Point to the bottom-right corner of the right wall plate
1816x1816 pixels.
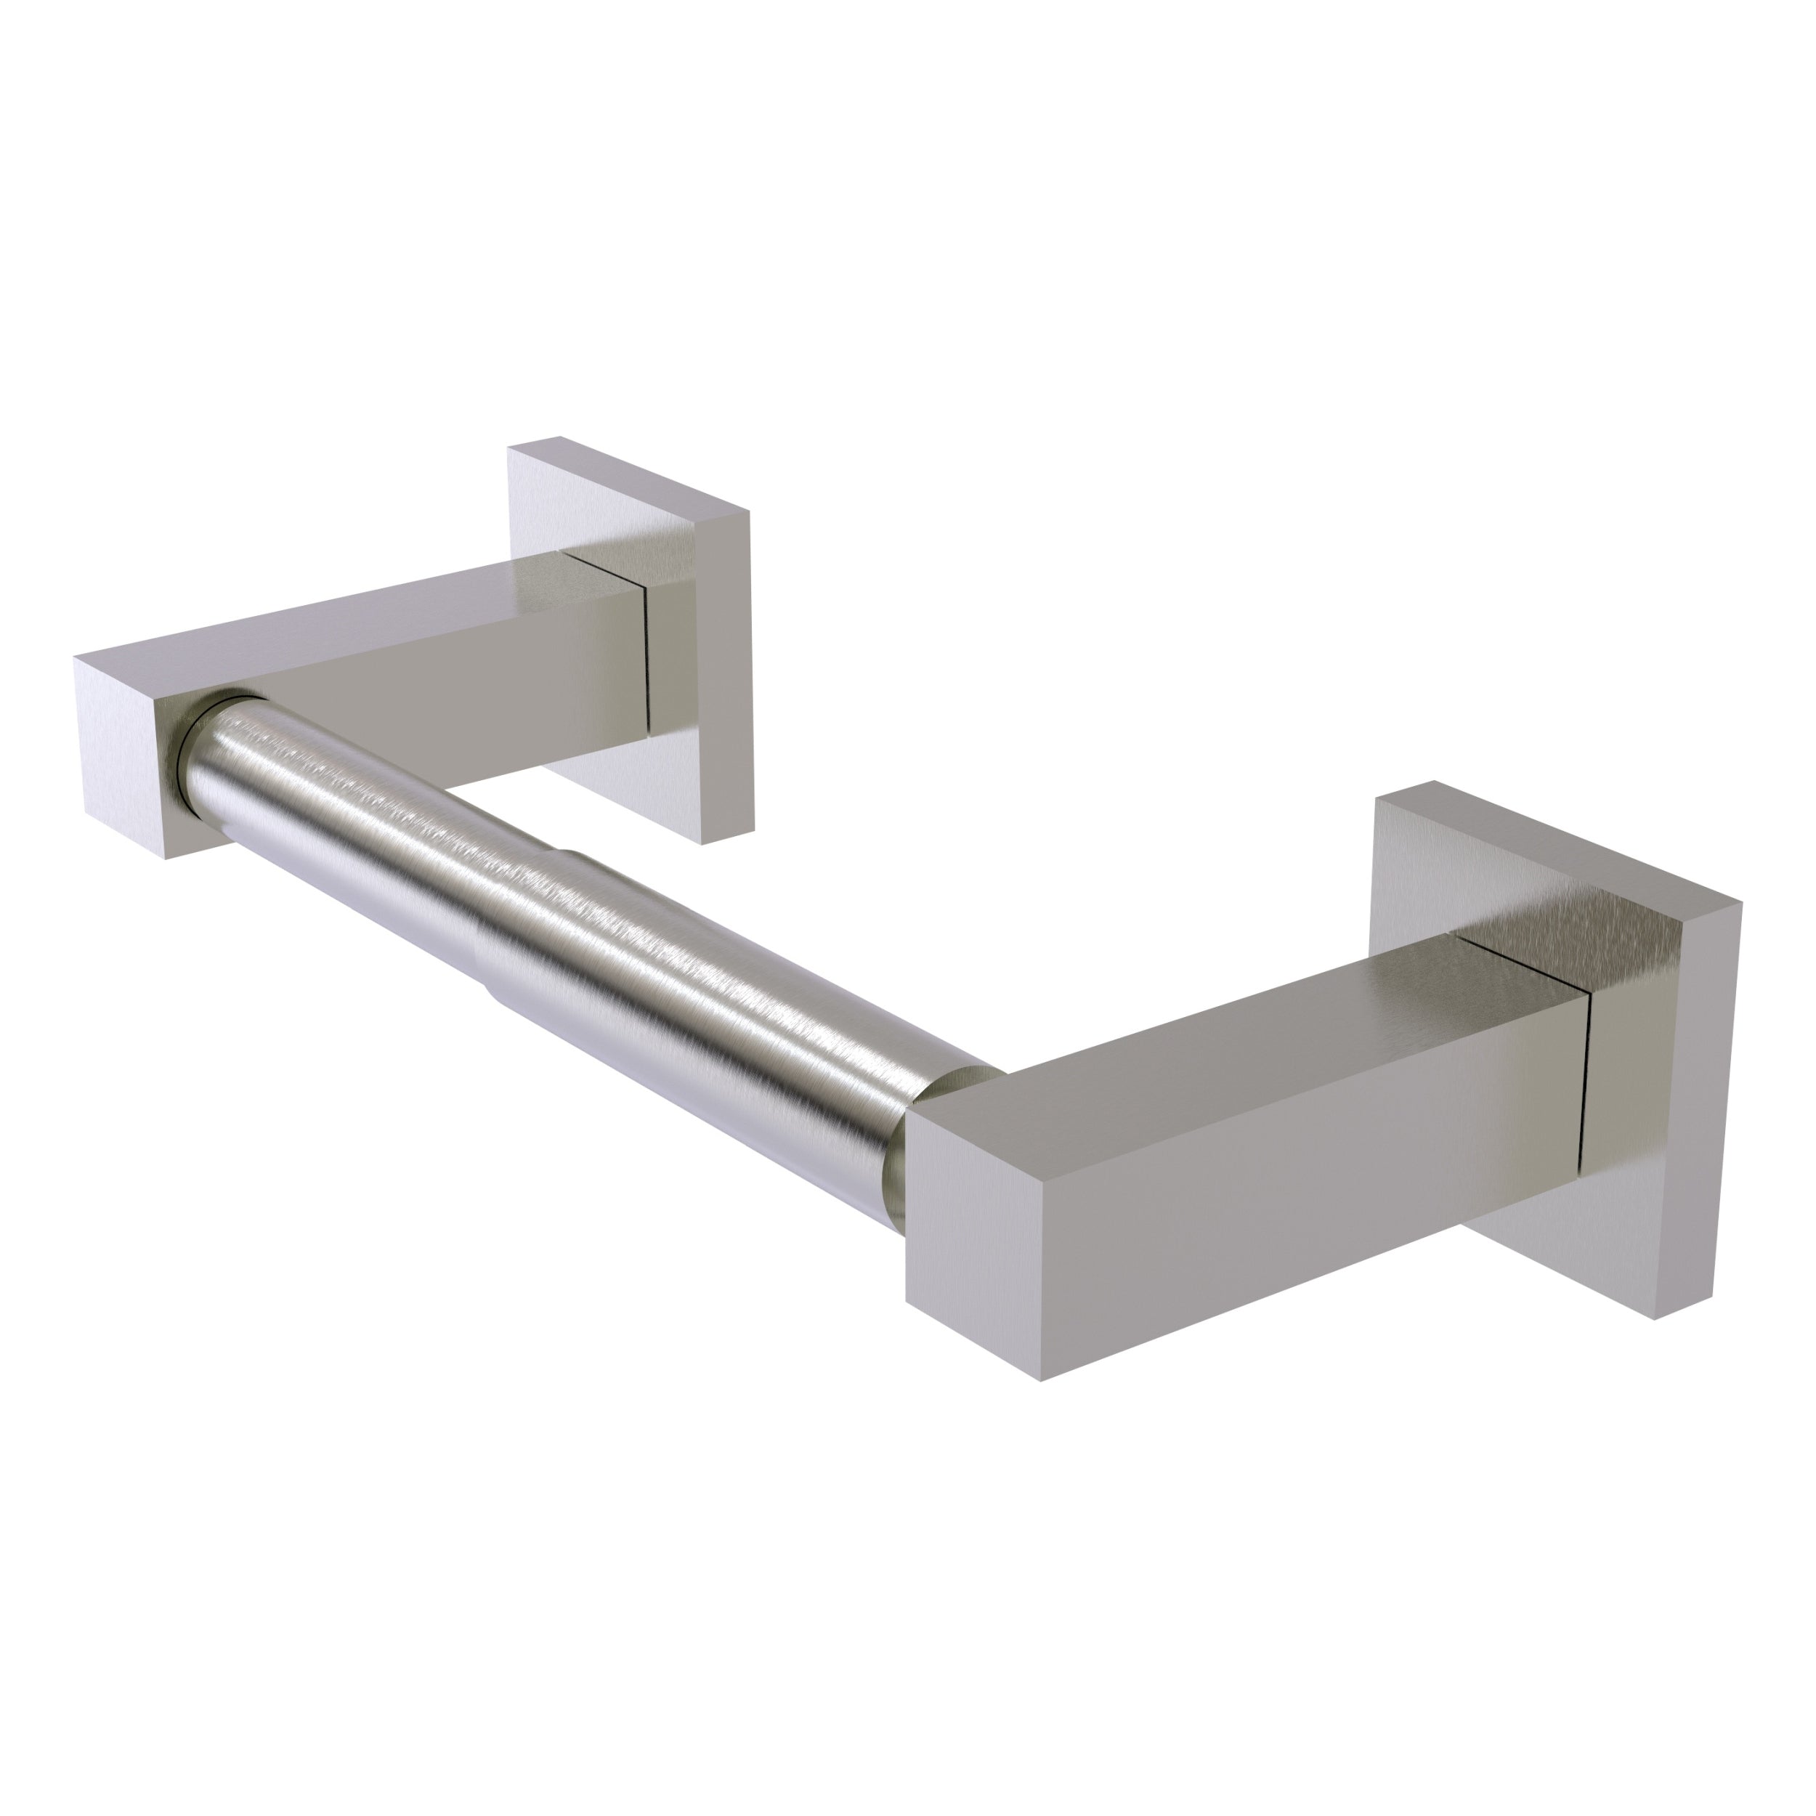[x=1654, y=1316]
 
